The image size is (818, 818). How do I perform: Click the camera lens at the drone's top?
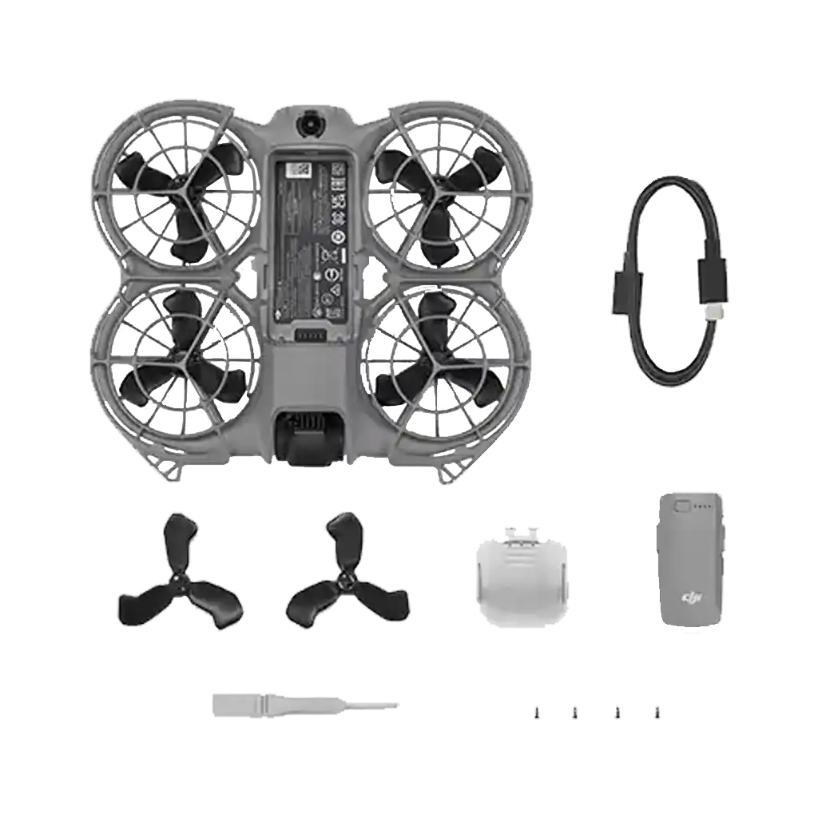pos(308,125)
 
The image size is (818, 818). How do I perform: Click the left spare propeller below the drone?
pos(181,577)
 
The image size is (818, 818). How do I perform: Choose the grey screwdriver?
pos(304,704)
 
